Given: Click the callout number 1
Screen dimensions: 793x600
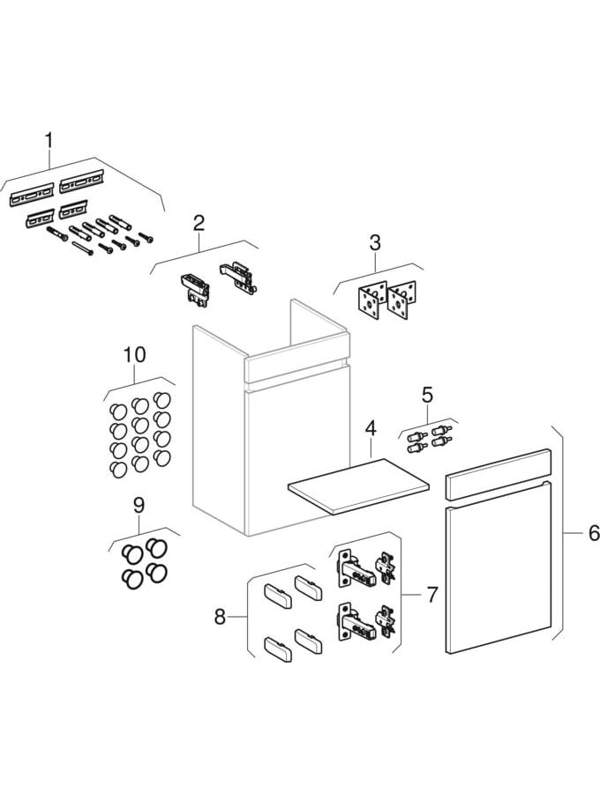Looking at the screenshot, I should [x=49, y=140].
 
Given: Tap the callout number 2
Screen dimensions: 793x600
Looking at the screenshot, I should [x=199, y=223].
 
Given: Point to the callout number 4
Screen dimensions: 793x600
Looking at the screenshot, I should [x=371, y=429].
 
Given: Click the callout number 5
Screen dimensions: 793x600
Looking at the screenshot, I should [x=426, y=394].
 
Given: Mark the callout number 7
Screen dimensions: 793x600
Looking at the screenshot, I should [x=431, y=595].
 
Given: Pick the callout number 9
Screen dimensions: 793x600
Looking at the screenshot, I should [x=138, y=506].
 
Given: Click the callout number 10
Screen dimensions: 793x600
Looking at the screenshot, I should [x=134, y=354].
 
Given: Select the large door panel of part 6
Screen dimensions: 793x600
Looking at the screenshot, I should [x=499, y=577].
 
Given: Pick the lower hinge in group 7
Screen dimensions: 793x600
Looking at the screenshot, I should [x=364, y=621].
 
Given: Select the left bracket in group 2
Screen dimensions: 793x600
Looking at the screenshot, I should [x=195, y=289].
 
